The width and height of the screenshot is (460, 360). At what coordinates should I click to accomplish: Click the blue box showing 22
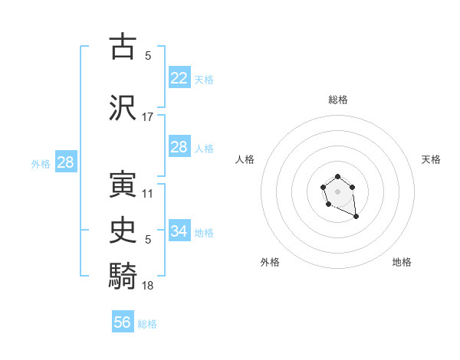179,78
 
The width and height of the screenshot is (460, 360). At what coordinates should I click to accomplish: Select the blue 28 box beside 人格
179,147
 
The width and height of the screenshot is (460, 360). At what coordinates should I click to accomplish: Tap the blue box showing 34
179,231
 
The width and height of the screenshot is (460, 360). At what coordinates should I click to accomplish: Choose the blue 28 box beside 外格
65,162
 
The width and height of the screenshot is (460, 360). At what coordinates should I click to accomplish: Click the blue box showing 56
123,322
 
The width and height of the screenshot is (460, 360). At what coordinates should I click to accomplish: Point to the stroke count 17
148,117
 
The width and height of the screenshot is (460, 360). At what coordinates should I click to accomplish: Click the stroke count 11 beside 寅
148,194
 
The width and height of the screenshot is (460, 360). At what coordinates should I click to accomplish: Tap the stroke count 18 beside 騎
148,285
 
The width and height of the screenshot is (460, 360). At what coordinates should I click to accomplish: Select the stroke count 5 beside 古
148,56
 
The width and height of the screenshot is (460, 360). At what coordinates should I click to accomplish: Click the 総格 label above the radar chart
338,100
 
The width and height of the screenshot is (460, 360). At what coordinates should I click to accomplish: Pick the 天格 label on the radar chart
432,159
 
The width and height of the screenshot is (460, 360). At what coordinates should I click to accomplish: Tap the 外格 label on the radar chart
270,262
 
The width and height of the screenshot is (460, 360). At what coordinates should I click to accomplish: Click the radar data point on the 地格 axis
356,218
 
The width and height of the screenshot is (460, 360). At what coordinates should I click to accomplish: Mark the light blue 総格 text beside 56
147,324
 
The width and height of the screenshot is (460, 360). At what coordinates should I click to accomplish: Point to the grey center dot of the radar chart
338,191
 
